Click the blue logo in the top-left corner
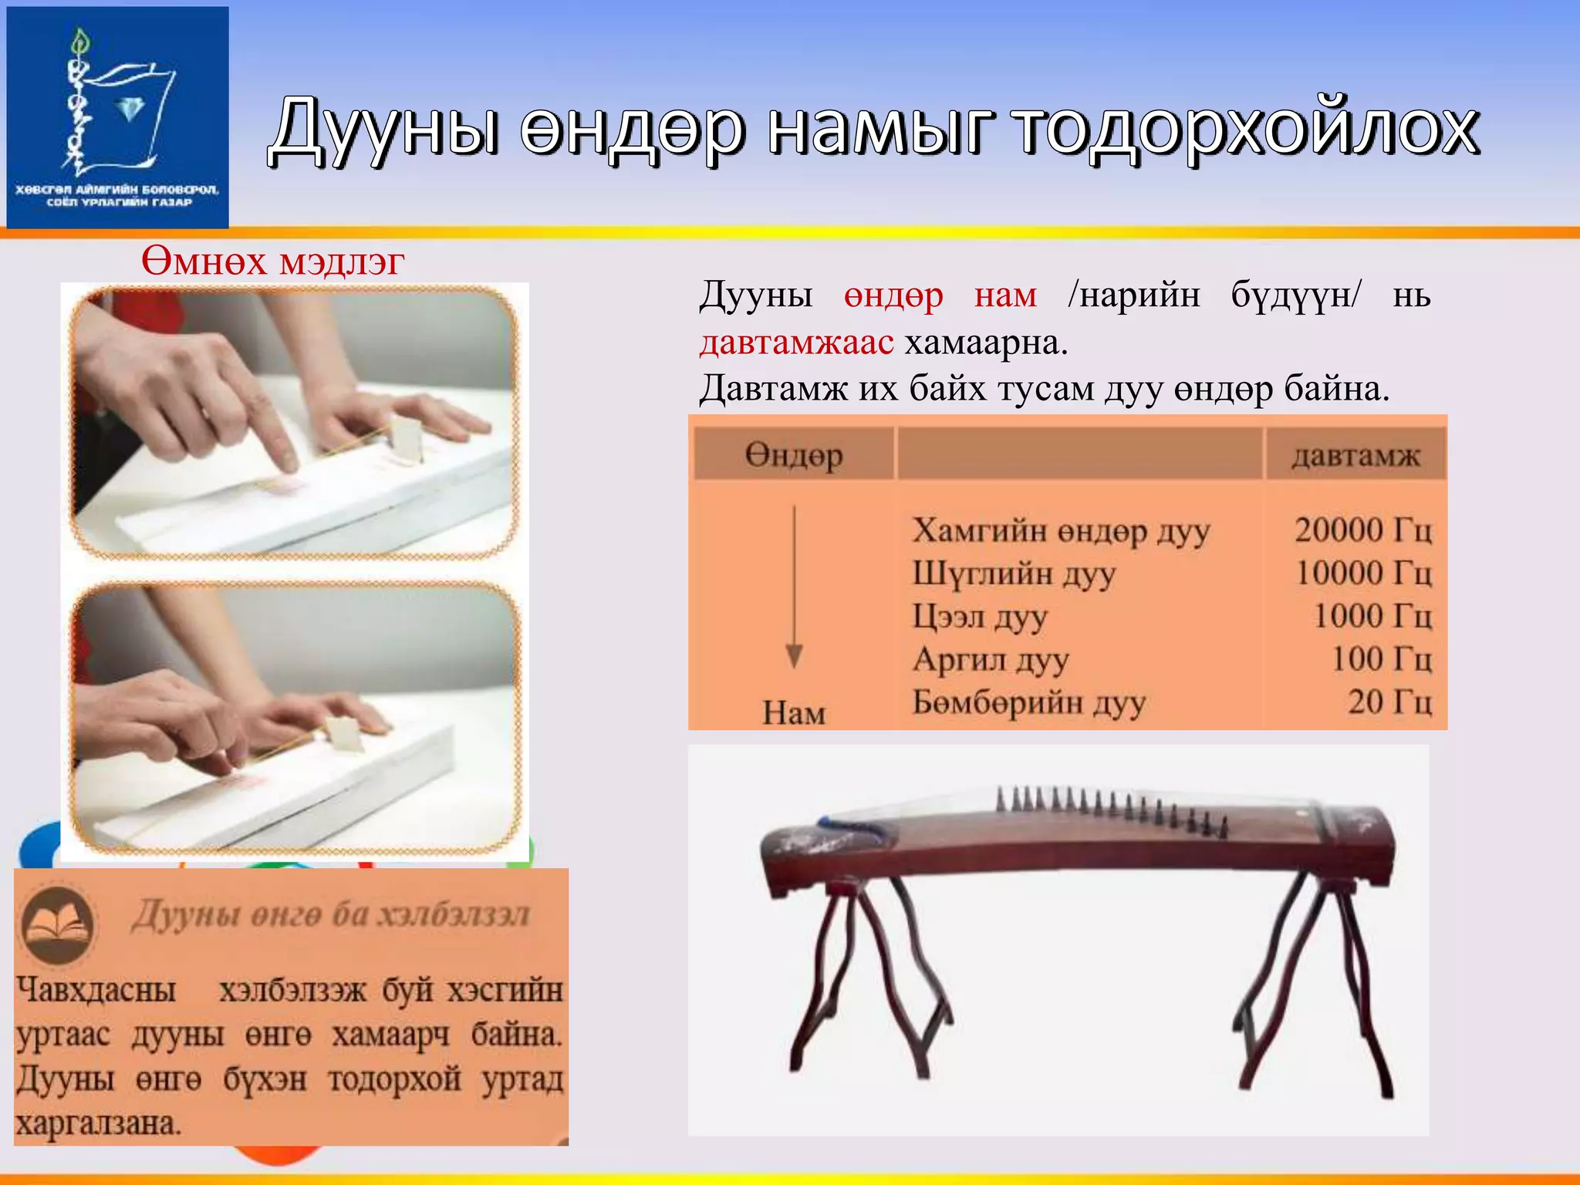117,117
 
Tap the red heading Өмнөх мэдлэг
272,262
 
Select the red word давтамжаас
796,343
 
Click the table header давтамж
1355,456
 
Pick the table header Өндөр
793,456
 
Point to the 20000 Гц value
1362,530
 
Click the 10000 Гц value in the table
1363,573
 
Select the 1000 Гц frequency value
1372,616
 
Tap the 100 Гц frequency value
1381,659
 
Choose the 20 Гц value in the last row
1389,702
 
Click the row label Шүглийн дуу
1014,575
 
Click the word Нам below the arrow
794,713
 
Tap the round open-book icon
57,923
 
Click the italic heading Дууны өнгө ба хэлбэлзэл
331,916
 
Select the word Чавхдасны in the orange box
96,990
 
